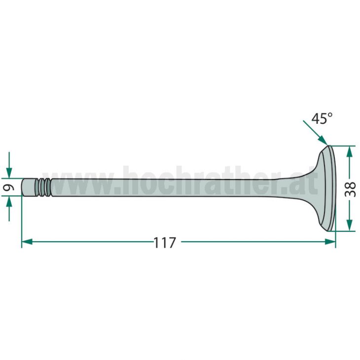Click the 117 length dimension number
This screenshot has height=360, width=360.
(x=165, y=243)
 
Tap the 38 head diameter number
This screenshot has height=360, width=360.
(x=350, y=189)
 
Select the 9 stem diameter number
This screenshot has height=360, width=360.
(x=9, y=187)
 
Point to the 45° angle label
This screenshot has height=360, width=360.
(x=322, y=118)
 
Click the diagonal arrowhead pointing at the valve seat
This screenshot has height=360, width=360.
(x=323, y=141)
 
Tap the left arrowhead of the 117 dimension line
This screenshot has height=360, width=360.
(x=27, y=242)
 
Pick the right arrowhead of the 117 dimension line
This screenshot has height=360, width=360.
(x=330, y=242)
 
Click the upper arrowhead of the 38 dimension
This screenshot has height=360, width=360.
(x=349, y=151)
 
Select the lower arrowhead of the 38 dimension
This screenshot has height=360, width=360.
(x=349, y=225)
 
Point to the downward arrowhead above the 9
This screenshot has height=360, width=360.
(x=9, y=173)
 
